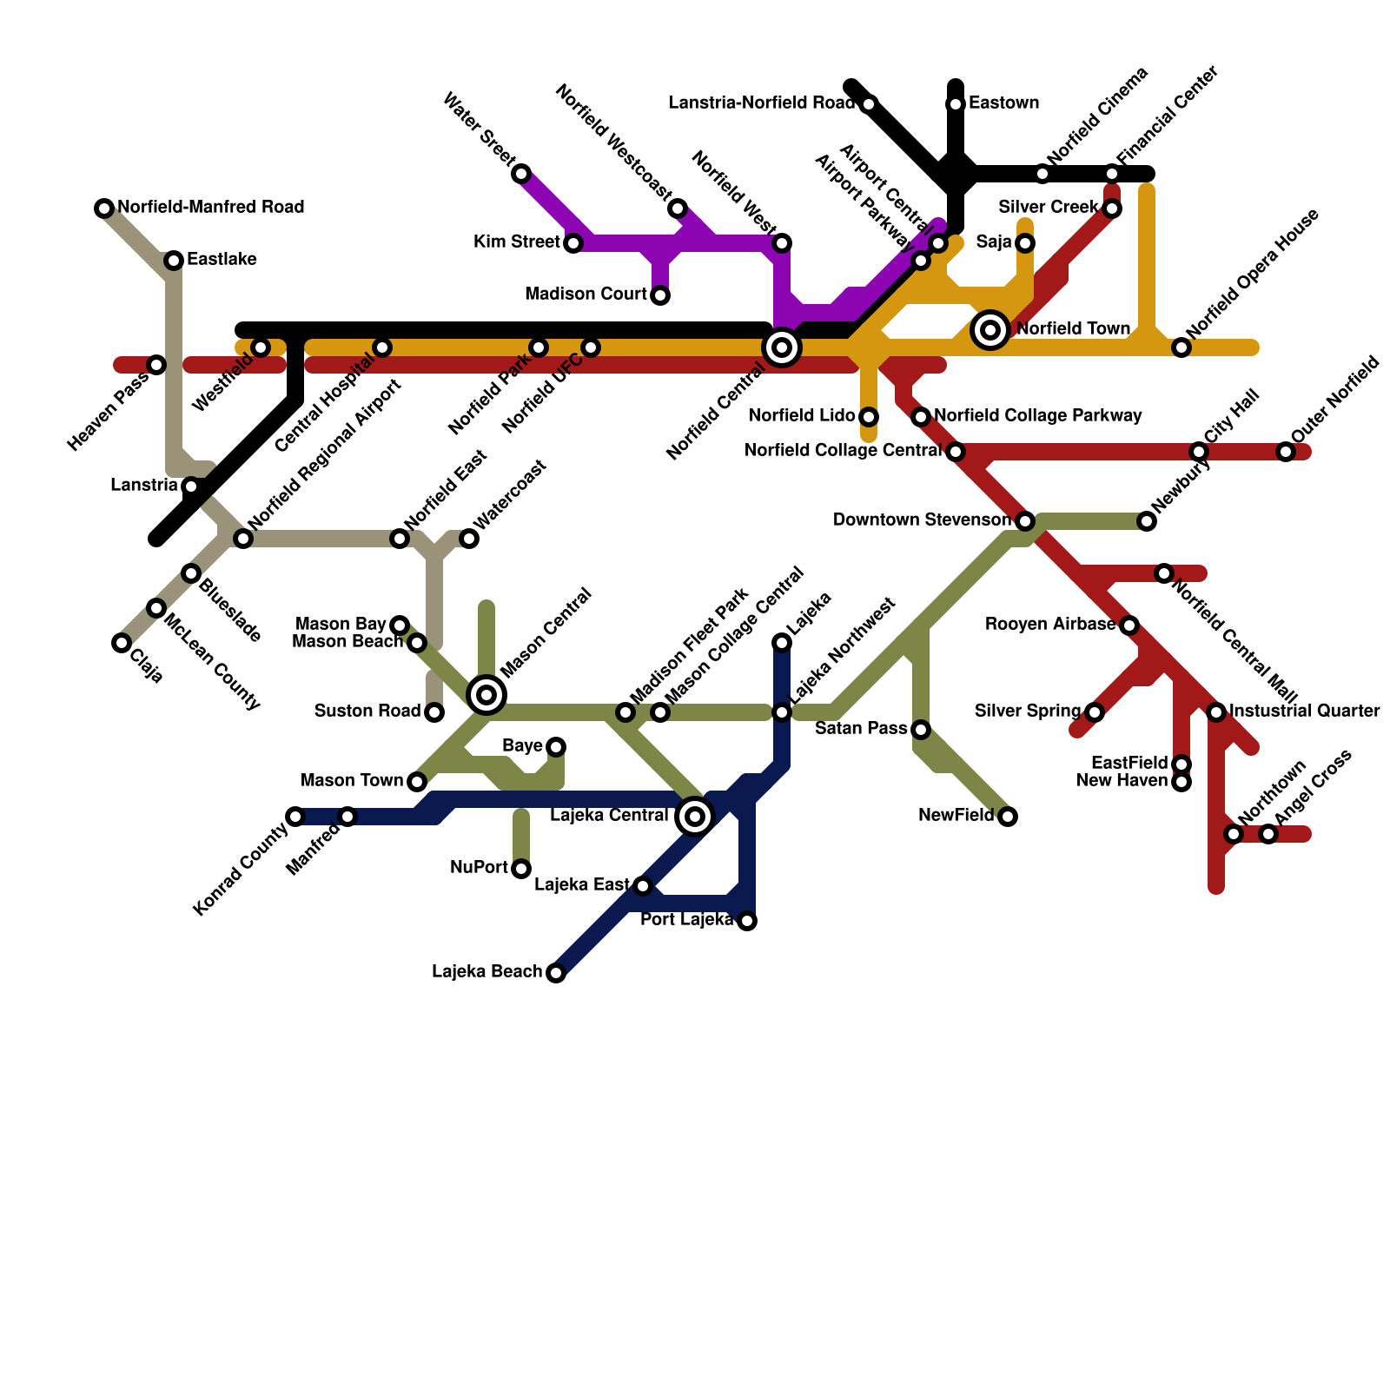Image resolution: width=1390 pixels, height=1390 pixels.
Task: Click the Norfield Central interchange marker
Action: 782,347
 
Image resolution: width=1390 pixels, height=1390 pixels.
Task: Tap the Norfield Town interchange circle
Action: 990,330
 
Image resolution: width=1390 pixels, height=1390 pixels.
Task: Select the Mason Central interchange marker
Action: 486,694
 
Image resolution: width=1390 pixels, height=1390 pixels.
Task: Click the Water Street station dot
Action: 521,174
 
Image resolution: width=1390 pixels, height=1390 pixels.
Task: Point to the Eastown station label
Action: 1003,103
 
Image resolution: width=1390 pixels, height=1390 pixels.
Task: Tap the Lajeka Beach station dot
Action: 556,973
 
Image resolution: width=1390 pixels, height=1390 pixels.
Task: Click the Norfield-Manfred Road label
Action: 210,208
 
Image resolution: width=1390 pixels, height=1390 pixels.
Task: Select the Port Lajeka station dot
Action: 747,921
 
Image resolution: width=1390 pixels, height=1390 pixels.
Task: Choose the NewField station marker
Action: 1008,817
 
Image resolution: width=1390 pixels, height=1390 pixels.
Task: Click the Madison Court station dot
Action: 660,295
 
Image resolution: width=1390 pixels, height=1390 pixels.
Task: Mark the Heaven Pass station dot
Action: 156,365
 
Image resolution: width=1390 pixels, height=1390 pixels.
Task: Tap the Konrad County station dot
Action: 295,817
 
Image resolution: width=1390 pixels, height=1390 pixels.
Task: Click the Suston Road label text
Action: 367,712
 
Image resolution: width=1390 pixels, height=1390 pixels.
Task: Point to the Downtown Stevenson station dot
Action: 1025,521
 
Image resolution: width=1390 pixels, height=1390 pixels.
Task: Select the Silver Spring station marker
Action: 1095,712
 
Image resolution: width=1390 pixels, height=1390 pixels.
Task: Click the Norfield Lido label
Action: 802,416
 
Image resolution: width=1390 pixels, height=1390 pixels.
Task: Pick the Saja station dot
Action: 1025,243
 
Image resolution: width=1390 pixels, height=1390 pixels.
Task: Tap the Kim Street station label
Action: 516,242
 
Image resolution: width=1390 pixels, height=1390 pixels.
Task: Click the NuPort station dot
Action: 521,869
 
